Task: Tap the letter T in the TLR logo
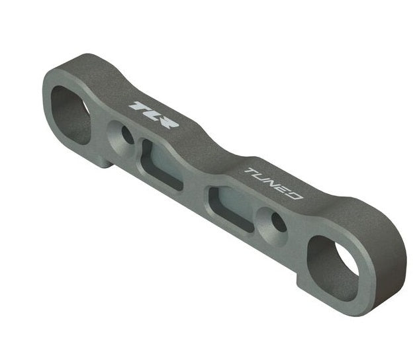pyautogui.click(x=136, y=106)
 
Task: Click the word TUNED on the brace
pyautogui.click(x=273, y=184)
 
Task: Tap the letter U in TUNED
pyautogui.click(x=261, y=178)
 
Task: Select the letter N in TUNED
pyautogui.click(x=273, y=184)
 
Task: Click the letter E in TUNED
pyautogui.click(x=284, y=190)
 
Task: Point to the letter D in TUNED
pyautogui.click(x=295, y=196)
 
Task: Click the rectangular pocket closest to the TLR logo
pyautogui.click(x=161, y=163)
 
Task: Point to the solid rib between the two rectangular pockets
pyautogui.click(x=196, y=182)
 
